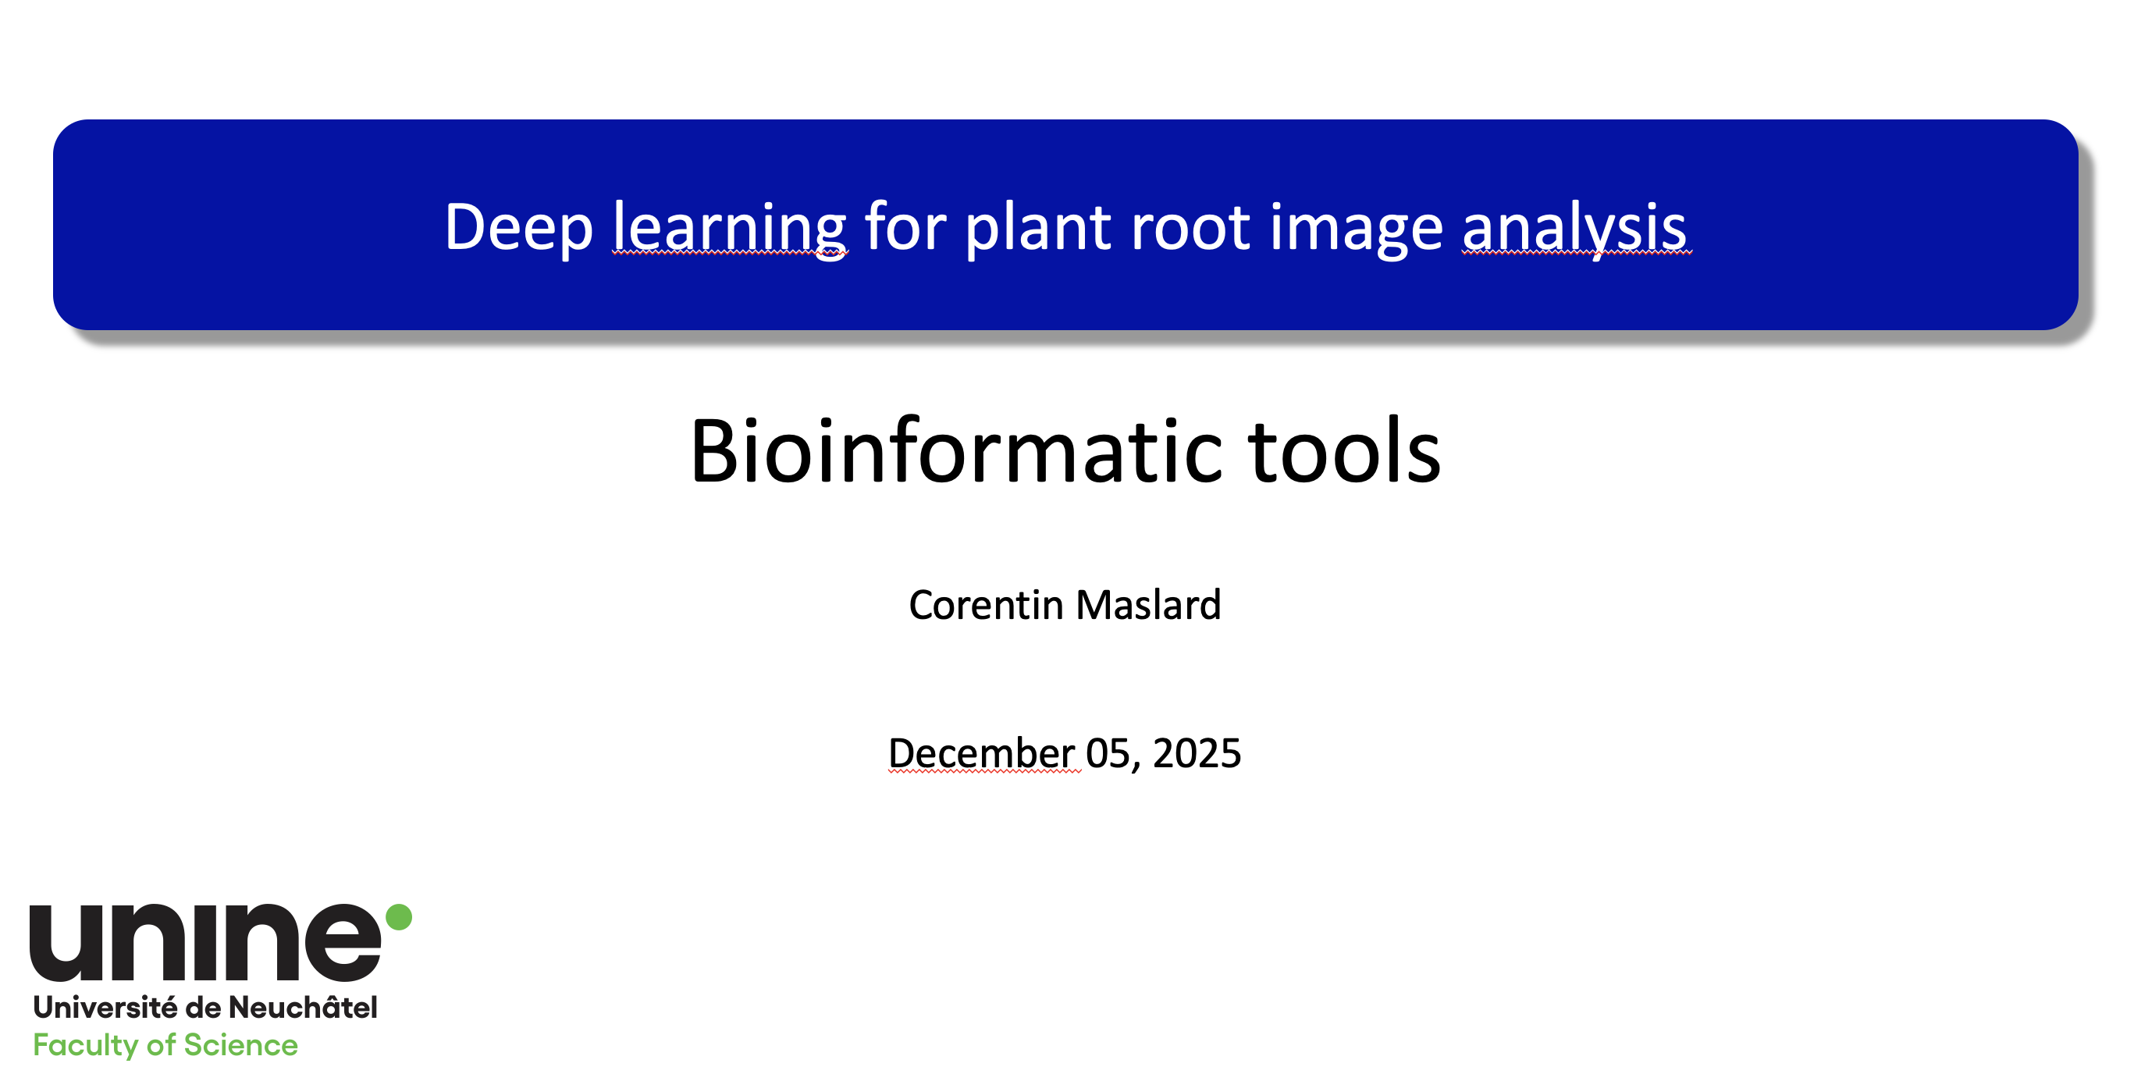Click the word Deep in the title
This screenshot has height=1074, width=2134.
click(x=518, y=229)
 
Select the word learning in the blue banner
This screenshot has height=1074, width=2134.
click(x=730, y=229)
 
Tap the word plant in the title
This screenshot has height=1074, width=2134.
click(x=1038, y=229)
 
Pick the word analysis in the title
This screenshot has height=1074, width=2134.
click(x=1574, y=229)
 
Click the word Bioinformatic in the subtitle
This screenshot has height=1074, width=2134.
click(x=957, y=451)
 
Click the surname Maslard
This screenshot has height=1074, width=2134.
click(x=1149, y=605)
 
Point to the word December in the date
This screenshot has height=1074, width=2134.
click(x=981, y=754)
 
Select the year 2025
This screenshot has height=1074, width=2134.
click(x=1197, y=754)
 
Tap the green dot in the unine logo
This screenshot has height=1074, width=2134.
click(x=399, y=916)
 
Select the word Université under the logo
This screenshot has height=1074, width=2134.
click(x=105, y=1008)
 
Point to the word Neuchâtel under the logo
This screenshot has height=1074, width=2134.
click(x=302, y=1007)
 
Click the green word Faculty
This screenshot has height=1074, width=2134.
click(x=85, y=1046)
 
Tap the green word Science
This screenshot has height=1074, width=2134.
click(x=240, y=1045)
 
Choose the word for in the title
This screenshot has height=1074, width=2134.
click(x=905, y=227)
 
